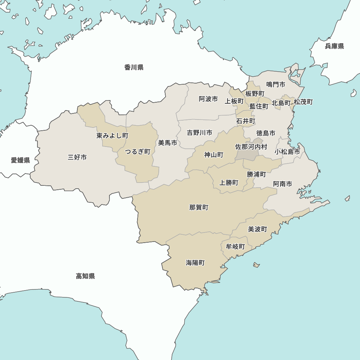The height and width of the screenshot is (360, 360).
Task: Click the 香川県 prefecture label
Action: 134,67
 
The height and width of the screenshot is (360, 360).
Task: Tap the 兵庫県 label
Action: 334,46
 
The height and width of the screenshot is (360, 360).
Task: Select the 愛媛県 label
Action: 20,160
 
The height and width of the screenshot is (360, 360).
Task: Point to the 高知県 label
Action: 85,276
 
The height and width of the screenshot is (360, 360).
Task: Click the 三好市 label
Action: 77,157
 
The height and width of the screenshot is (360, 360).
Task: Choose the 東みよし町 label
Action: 112,136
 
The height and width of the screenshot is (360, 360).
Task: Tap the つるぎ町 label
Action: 138,152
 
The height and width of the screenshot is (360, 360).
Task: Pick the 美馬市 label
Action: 168,143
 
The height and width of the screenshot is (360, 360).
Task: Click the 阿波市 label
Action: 208,99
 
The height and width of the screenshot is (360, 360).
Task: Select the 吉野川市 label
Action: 199,133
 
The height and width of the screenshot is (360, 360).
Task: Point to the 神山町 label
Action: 214,155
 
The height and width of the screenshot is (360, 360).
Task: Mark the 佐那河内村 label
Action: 251,147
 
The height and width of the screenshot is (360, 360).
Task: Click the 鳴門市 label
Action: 276,84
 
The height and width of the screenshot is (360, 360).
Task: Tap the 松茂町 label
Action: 303,102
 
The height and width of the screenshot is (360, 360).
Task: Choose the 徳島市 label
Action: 266,133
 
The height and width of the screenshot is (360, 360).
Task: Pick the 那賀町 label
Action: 199,207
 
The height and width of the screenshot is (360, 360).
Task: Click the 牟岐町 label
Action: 235,247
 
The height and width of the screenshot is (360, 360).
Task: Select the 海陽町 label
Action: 195,263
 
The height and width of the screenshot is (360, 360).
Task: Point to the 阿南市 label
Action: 283,184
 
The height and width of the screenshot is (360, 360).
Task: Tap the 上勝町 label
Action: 229,183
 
